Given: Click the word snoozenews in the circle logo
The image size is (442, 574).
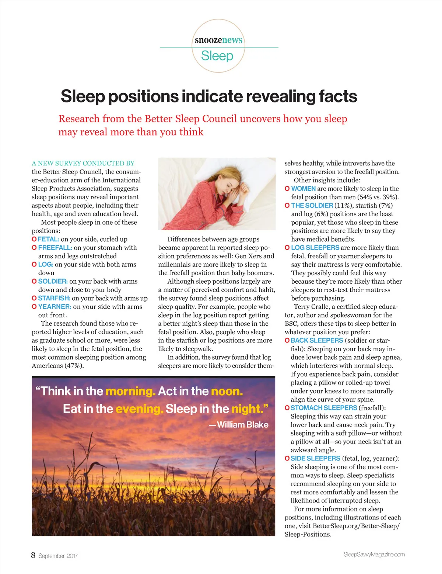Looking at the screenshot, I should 218,40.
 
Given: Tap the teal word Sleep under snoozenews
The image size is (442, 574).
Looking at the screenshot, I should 217,56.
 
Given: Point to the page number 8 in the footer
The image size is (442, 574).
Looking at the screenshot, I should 33,555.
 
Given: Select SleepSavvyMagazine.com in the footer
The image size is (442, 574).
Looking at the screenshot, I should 374,554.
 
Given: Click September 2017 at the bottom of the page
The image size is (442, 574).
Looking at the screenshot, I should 58,556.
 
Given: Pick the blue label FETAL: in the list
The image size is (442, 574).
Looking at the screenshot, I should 48,239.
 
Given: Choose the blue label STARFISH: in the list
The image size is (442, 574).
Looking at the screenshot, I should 54,298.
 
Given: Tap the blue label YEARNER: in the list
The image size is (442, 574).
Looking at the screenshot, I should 55,307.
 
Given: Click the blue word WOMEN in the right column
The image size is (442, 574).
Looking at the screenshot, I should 303,189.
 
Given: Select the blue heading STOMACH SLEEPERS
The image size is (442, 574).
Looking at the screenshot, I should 324,408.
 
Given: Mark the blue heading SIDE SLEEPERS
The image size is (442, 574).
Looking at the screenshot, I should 315,458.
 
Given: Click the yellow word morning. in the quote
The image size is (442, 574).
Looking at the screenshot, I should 130,391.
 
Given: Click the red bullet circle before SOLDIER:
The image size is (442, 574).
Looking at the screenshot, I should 34,281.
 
